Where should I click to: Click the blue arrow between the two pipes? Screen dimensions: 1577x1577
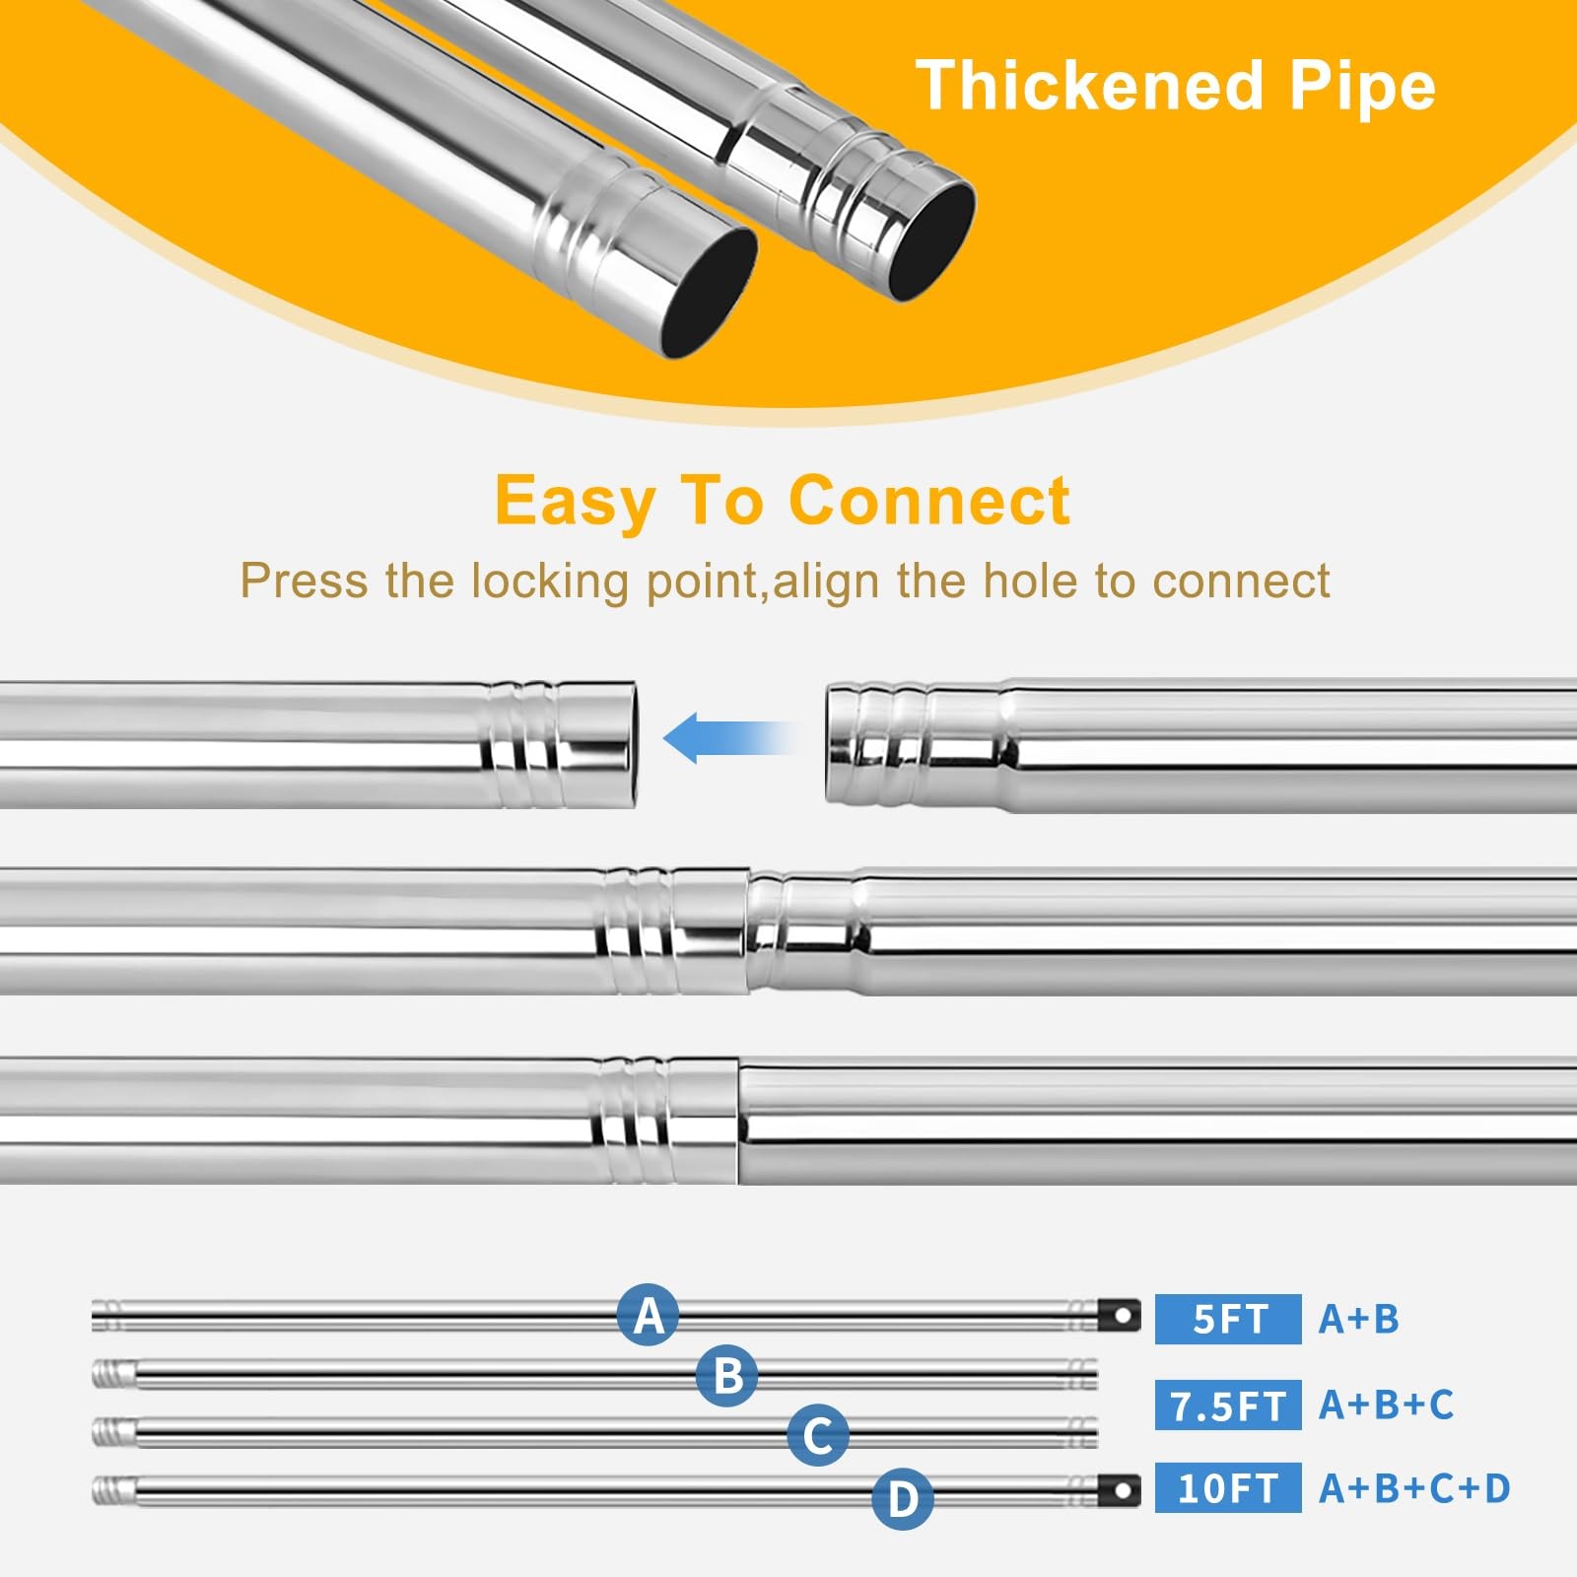731,737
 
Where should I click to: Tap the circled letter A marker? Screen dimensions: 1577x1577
648,1314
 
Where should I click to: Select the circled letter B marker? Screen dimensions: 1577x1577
727,1375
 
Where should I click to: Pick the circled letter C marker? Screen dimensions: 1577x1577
818,1434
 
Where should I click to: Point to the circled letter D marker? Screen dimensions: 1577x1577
902,1498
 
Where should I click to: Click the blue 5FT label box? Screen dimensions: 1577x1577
1228,1319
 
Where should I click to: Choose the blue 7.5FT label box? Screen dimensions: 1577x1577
1228,1405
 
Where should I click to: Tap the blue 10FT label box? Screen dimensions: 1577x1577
1228,1488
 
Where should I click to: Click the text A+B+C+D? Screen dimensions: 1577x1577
1414,1488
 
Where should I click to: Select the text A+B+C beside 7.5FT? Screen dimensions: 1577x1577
1386,1405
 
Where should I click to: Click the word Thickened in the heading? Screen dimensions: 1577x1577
1089,85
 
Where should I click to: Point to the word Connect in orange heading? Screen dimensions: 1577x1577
928,500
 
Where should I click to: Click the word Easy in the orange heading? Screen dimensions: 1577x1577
575,502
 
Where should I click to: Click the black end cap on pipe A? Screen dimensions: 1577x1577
1121,1315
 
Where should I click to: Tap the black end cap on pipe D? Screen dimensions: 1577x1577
1121,1490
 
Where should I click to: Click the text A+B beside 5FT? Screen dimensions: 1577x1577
1358,1319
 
